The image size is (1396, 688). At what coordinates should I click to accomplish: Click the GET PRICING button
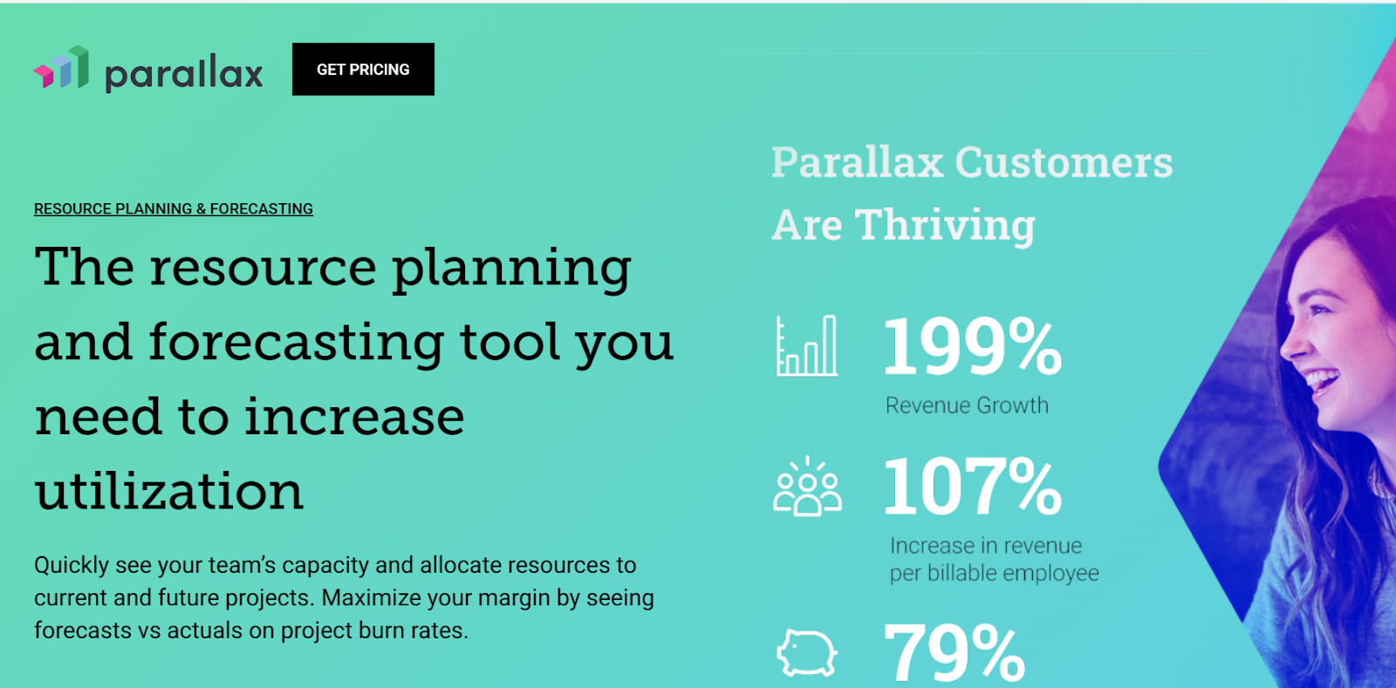[x=363, y=69]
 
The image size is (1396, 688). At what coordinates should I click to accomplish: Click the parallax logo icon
[x=62, y=69]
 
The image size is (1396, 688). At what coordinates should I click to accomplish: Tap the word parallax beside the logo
[x=184, y=73]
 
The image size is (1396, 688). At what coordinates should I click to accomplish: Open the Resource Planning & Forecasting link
[x=173, y=208]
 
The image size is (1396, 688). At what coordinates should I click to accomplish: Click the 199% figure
[x=972, y=347]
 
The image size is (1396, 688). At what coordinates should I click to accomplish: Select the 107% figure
[x=972, y=487]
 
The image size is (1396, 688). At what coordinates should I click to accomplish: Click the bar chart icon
[x=806, y=346]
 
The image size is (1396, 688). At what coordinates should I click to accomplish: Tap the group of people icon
[x=807, y=487]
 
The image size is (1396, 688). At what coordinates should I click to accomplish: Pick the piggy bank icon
[x=807, y=652]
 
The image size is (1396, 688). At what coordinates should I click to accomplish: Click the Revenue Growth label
[x=967, y=405]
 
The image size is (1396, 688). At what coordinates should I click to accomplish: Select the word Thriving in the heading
[x=945, y=225]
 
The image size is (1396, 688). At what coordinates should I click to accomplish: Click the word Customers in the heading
[x=1064, y=162]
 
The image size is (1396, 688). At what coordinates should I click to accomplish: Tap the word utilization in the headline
[x=169, y=491]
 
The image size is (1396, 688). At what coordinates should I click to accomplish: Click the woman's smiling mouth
[x=1319, y=382]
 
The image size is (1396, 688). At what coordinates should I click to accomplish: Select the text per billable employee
[x=994, y=573]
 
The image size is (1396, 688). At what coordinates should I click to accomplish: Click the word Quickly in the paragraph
[x=72, y=565]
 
